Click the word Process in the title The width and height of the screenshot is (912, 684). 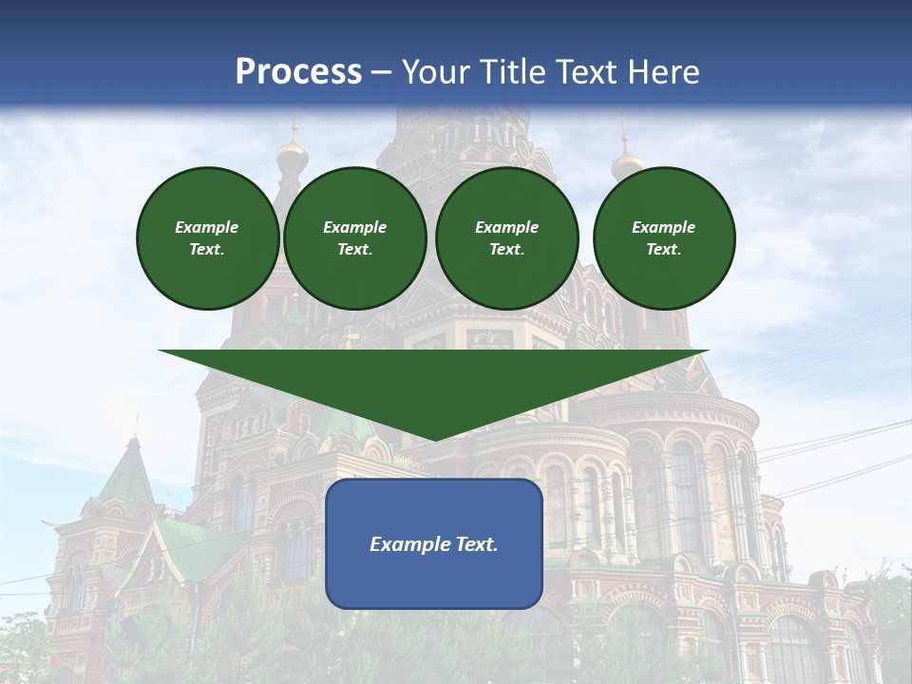(298, 72)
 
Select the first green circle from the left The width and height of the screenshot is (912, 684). (207, 238)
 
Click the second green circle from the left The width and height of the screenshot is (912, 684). (354, 238)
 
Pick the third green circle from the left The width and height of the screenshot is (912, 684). (506, 238)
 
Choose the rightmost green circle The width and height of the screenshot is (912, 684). (664, 238)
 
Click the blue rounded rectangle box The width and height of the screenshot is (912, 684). (434, 543)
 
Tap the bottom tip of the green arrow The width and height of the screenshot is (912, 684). (434, 439)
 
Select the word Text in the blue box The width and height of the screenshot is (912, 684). (477, 544)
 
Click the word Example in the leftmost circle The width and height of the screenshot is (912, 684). (207, 227)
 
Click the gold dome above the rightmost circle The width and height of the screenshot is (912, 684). (626, 163)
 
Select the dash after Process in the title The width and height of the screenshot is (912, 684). (382, 72)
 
